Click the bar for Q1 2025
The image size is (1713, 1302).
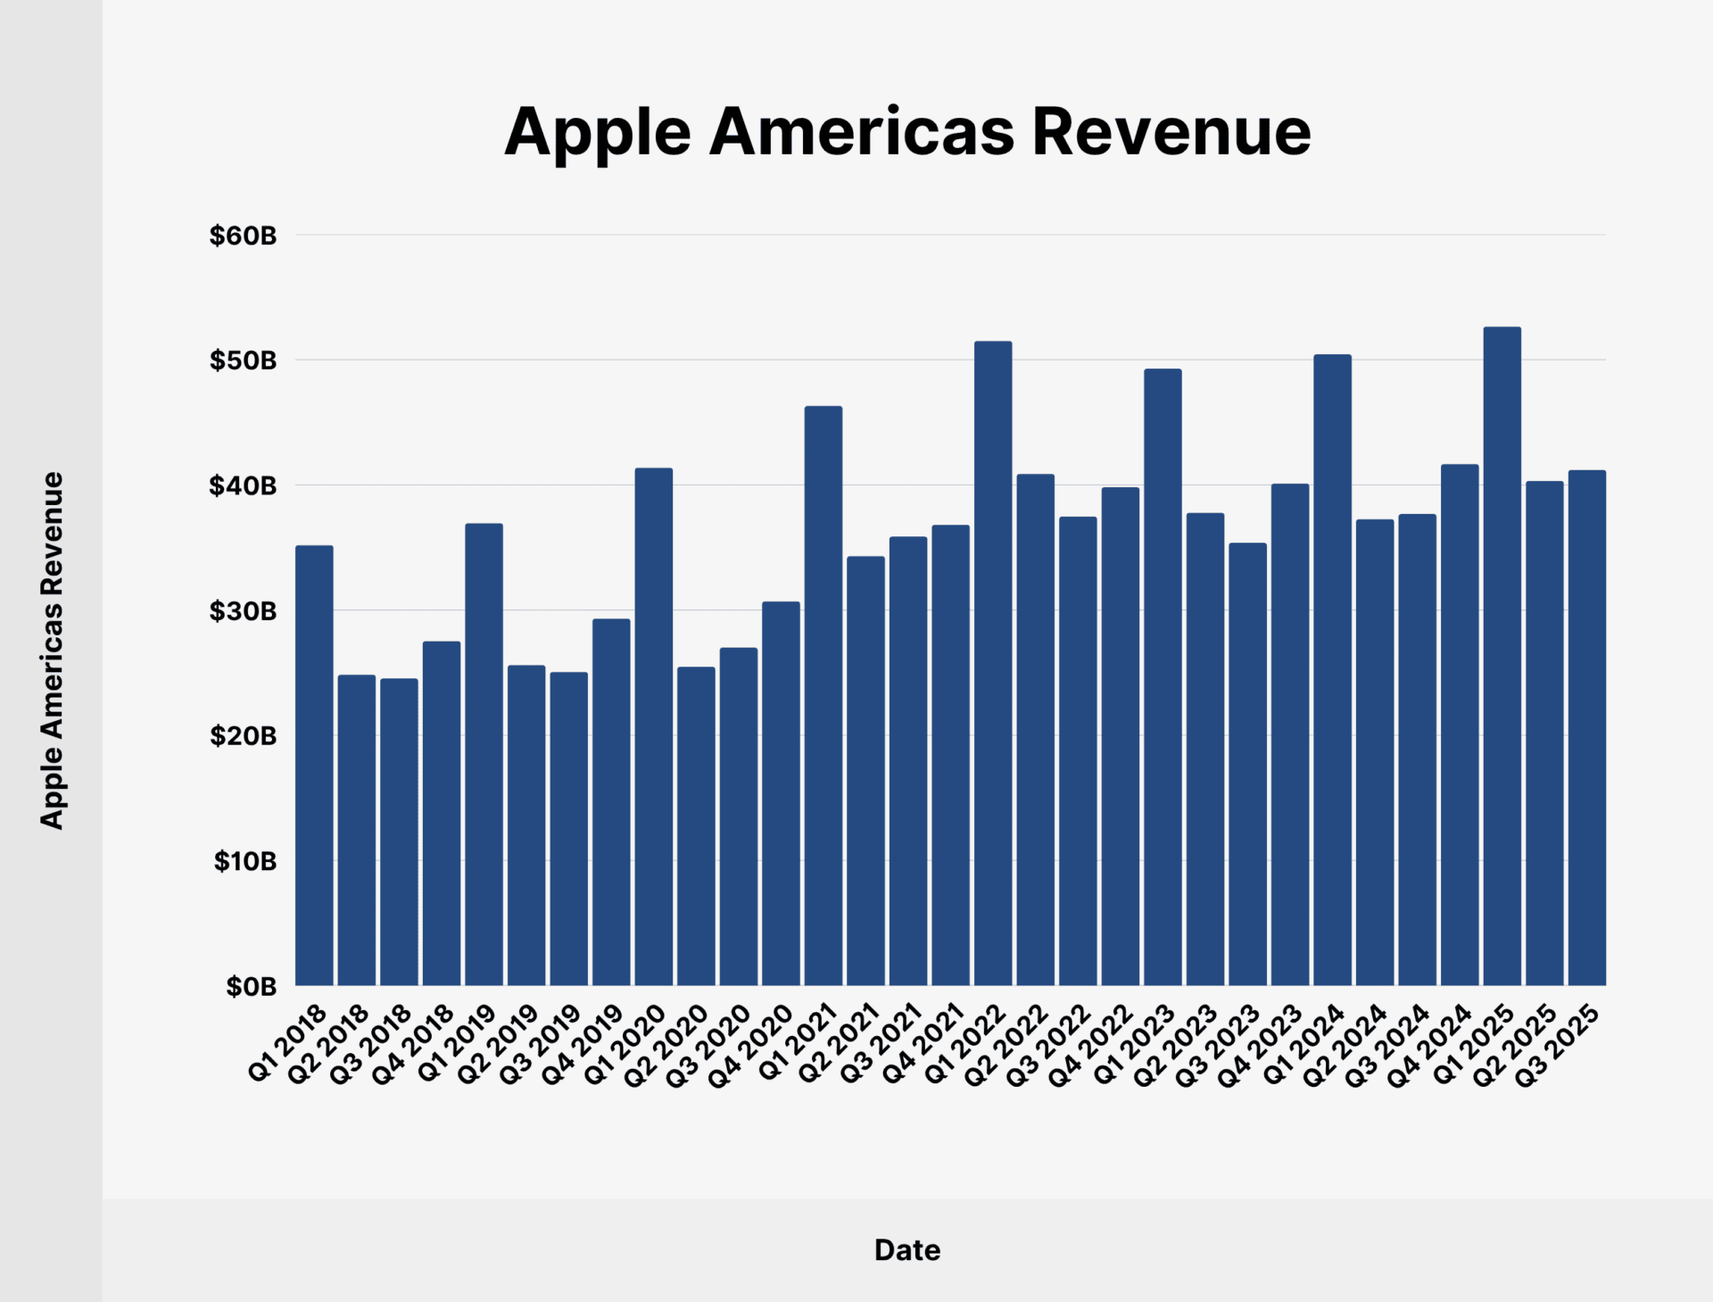pos(1502,656)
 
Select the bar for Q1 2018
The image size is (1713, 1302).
pos(314,765)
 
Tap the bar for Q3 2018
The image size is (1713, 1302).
pos(399,832)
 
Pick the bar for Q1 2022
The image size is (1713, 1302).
pos(993,663)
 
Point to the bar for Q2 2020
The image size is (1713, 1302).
pos(696,825)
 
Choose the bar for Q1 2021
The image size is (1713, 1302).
pos(823,695)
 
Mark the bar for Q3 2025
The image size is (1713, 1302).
pos(1586,727)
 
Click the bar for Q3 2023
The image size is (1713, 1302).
pos(1247,764)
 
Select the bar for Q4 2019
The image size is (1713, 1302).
pos(611,801)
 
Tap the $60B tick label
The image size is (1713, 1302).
pos(243,236)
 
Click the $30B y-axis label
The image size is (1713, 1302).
pos(243,611)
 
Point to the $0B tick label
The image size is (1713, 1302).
pos(251,986)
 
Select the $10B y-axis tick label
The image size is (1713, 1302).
pos(244,861)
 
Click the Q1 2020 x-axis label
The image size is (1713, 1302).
pos(625,1042)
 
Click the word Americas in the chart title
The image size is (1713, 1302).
pos(861,132)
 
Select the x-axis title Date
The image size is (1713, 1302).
pos(906,1249)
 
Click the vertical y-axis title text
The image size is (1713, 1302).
pos(52,650)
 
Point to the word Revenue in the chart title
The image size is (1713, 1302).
pos(1171,132)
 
